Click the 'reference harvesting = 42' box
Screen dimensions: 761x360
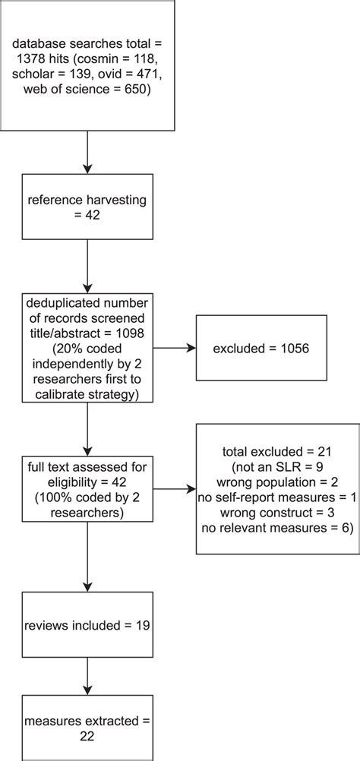click(88, 207)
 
